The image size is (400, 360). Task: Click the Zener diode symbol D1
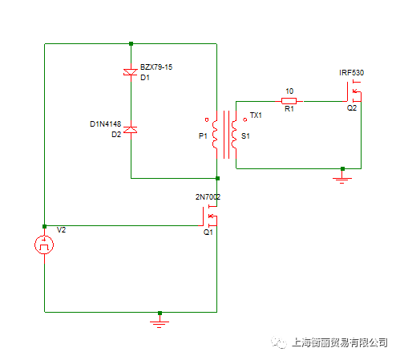pos(131,72)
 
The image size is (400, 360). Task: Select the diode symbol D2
pos(131,130)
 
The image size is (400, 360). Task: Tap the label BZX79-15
pos(156,67)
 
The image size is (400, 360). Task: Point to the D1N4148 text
pos(106,124)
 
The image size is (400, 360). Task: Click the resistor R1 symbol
pos(289,101)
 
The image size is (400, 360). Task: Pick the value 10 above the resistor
pos(289,91)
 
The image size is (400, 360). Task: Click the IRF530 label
pos(351,73)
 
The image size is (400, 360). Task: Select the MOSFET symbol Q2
pos(354,91)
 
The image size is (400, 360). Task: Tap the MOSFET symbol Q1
pos(209,216)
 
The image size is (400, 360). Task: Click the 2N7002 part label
pos(208,197)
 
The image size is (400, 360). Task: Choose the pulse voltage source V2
pos(44,245)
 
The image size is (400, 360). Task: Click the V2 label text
pos(61,230)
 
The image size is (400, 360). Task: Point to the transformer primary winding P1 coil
pos(215,134)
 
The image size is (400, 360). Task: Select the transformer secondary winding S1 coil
pos(234,134)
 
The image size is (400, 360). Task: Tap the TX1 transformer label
pos(256,115)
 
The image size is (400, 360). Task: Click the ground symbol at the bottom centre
pos(160,322)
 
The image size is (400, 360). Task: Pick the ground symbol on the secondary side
pos(342,178)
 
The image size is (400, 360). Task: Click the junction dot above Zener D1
pos(131,43)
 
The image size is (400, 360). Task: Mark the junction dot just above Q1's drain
pos(217,178)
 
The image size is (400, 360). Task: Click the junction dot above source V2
pos(44,226)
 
